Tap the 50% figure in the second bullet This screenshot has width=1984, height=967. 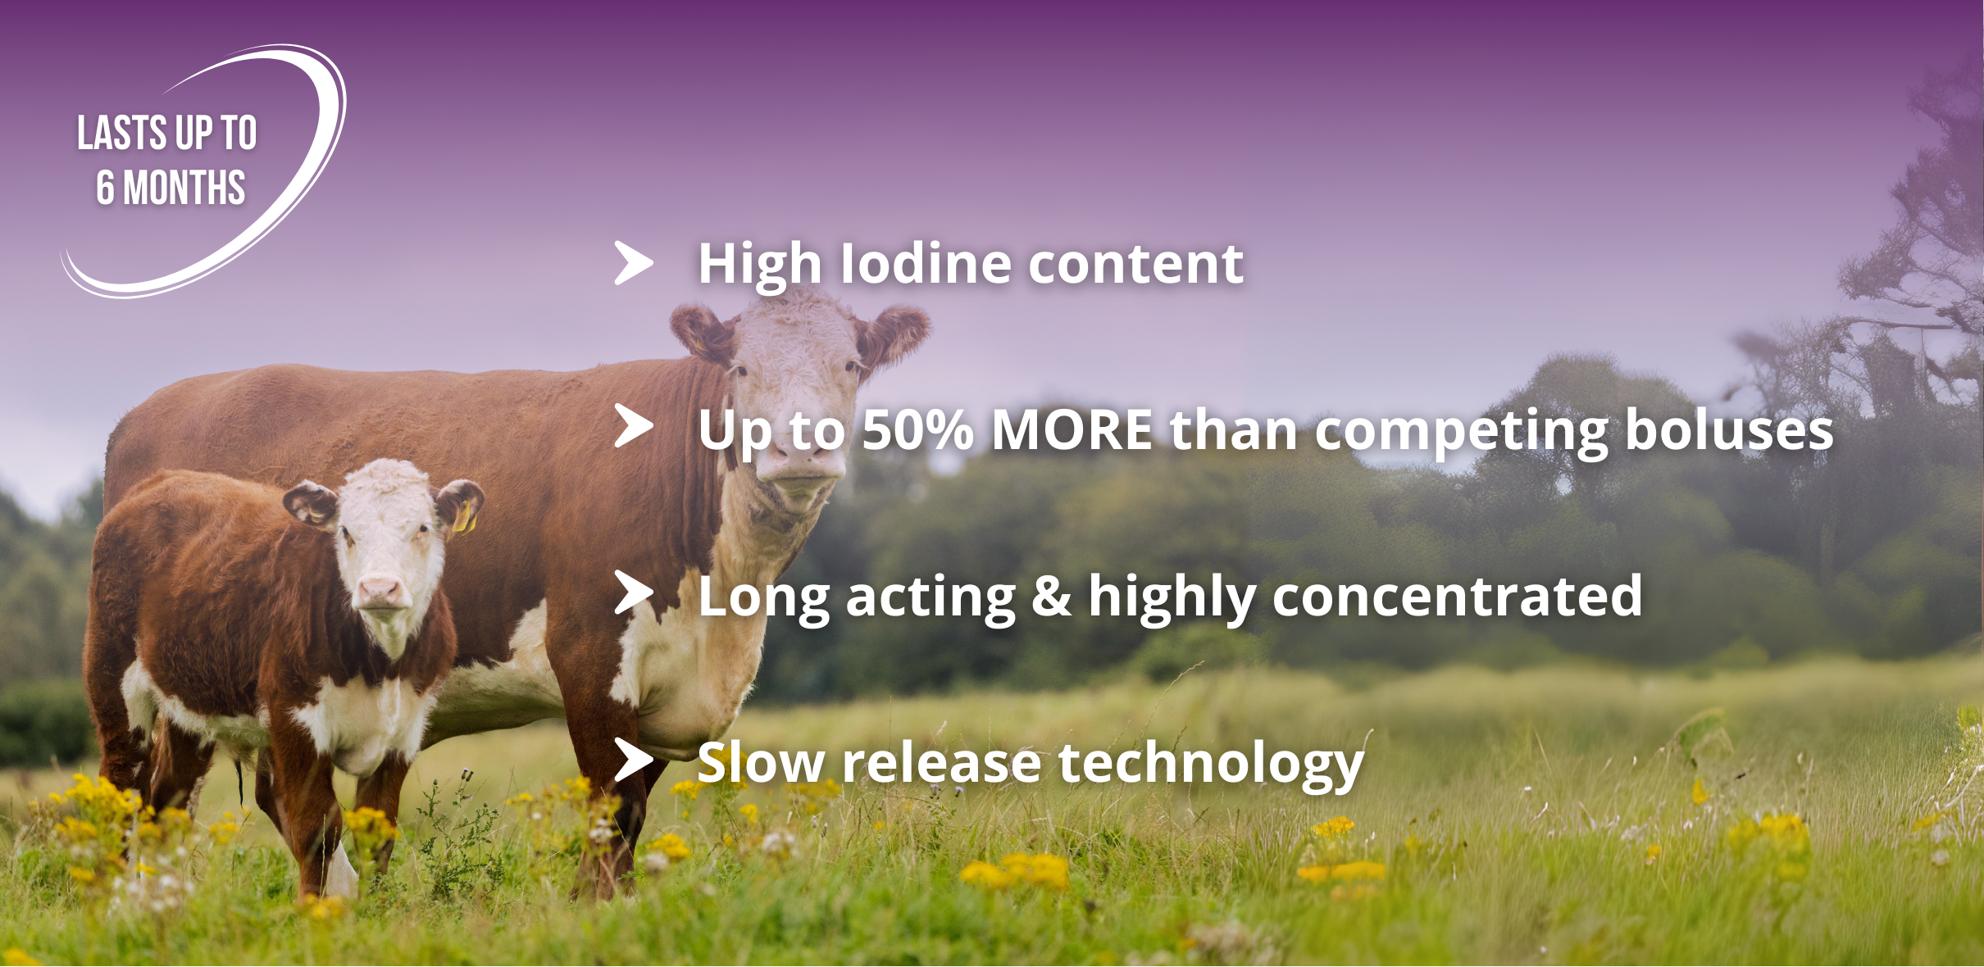click(x=917, y=429)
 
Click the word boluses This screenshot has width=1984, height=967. click(x=1729, y=429)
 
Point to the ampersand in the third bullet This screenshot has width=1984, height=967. click(x=1052, y=596)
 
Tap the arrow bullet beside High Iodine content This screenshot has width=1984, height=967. click(x=634, y=263)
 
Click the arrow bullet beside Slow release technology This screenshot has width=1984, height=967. click(x=634, y=760)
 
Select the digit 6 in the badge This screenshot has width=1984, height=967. click(x=105, y=188)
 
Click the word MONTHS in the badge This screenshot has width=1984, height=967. click(x=184, y=188)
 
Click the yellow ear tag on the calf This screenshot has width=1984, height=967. click(x=465, y=516)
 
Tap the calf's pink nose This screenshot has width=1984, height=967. click(x=379, y=591)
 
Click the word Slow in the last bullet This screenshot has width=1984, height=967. click(x=761, y=762)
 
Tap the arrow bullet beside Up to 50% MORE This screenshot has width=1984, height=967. click(x=634, y=426)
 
